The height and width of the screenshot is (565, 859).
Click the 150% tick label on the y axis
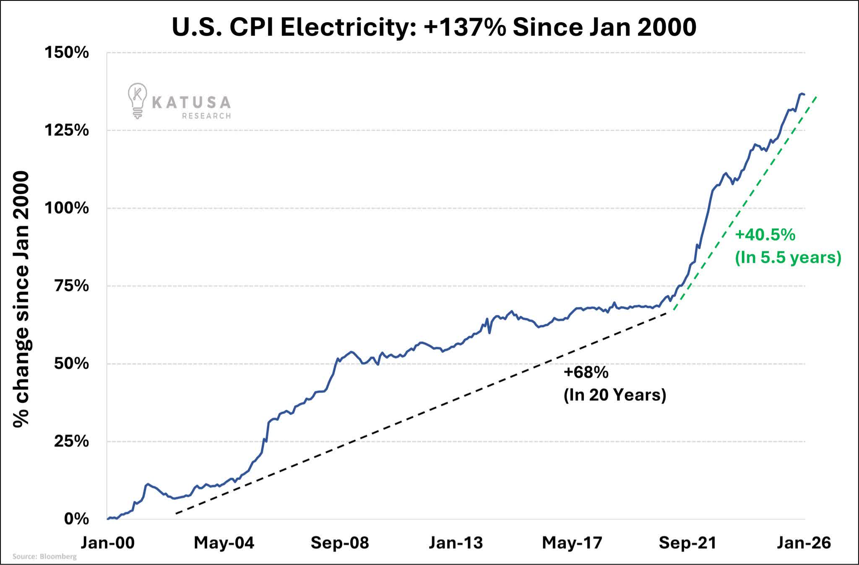click(67, 53)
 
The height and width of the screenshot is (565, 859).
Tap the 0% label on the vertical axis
click(76, 519)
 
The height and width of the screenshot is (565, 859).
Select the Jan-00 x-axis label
click(108, 543)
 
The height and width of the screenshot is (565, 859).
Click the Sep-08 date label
click(340, 543)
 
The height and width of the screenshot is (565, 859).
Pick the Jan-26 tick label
click(804, 543)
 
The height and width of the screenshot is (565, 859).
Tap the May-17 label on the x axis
click(572, 543)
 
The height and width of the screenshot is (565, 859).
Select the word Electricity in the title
click(348, 27)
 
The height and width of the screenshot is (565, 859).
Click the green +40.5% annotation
click(765, 235)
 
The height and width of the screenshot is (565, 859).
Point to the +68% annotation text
click(586, 372)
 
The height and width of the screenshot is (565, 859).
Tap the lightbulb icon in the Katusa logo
click(137, 100)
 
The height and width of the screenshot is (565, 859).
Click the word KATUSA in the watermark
click(191, 102)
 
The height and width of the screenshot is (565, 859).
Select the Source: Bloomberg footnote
click(44, 557)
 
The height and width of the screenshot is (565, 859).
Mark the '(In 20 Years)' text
click(615, 395)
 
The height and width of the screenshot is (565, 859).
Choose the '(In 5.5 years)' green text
click(788, 257)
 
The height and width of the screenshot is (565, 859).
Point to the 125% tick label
click(67, 130)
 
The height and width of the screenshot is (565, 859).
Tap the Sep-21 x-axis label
click(688, 543)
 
